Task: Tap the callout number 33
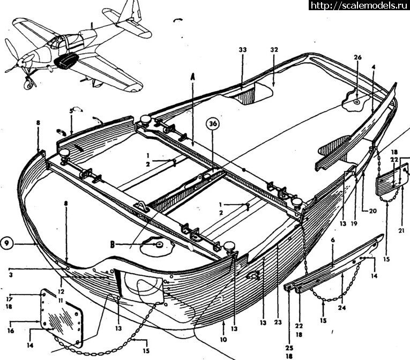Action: click(242, 49)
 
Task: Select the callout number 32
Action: click(274, 49)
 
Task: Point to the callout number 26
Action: click(357, 58)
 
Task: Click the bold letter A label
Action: click(192, 76)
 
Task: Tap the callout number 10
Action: click(223, 339)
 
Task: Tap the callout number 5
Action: click(71, 111)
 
